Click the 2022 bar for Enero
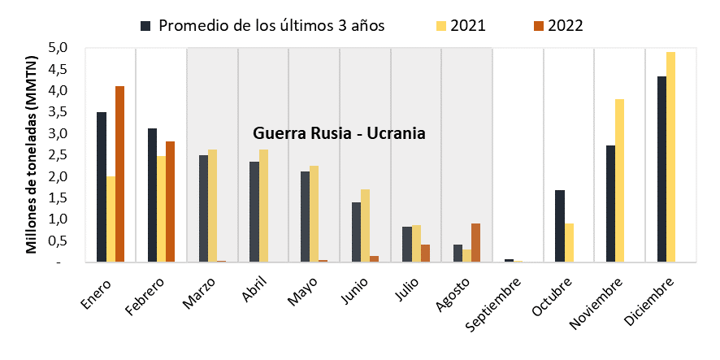tap(119, 174)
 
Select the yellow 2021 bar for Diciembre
tap(670, 157)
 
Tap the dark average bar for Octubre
tap(560, 226)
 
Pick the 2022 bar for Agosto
tap(475, 243)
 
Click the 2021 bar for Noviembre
tap(620, 180)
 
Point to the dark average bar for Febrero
tap(153, 195)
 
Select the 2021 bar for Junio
tap(365, 225)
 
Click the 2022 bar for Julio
tap(425, 254)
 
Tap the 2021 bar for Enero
tap(111, 219)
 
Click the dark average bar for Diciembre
tap(661, 169)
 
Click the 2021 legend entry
tap(462, 26)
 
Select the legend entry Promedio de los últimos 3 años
tap(262, 26)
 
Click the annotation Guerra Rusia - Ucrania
tap(340, 133)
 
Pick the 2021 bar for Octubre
tap(569, 243)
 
